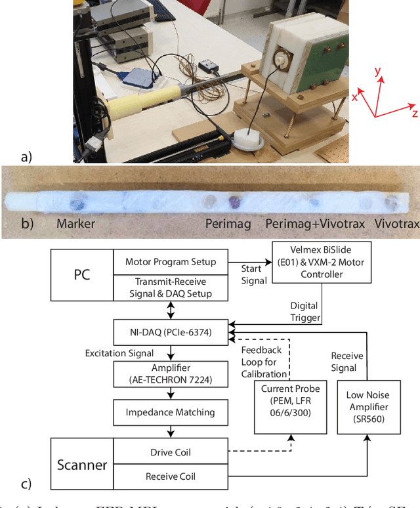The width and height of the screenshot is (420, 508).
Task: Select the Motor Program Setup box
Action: tap(170, 261)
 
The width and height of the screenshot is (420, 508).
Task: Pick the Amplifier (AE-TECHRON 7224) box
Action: tap(170, 373)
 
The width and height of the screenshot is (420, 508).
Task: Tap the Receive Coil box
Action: tap(170, 476)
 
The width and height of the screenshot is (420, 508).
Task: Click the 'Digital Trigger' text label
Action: tap(305, 311)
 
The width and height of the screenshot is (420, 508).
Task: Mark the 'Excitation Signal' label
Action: tap(120, 353)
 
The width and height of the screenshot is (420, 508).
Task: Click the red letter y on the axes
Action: tap(377, 71)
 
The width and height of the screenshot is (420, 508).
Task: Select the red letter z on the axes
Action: tap(415, 114)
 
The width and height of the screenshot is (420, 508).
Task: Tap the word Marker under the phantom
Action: tap(75, 224)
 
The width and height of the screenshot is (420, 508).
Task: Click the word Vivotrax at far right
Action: tap(396, 224)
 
